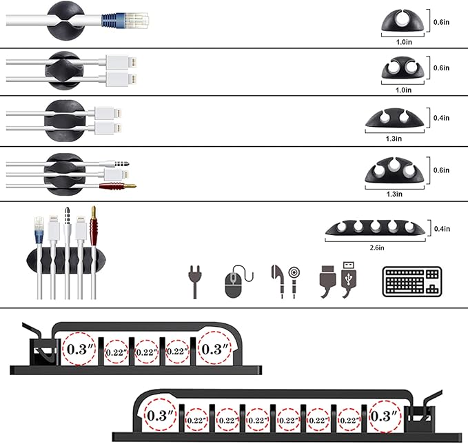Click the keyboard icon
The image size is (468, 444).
(411, 281)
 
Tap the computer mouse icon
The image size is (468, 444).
(234, 283)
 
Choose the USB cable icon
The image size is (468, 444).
(338, 281)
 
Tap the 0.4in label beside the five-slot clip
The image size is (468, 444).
(441, 228)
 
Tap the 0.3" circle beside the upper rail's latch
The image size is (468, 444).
(80, 348)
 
